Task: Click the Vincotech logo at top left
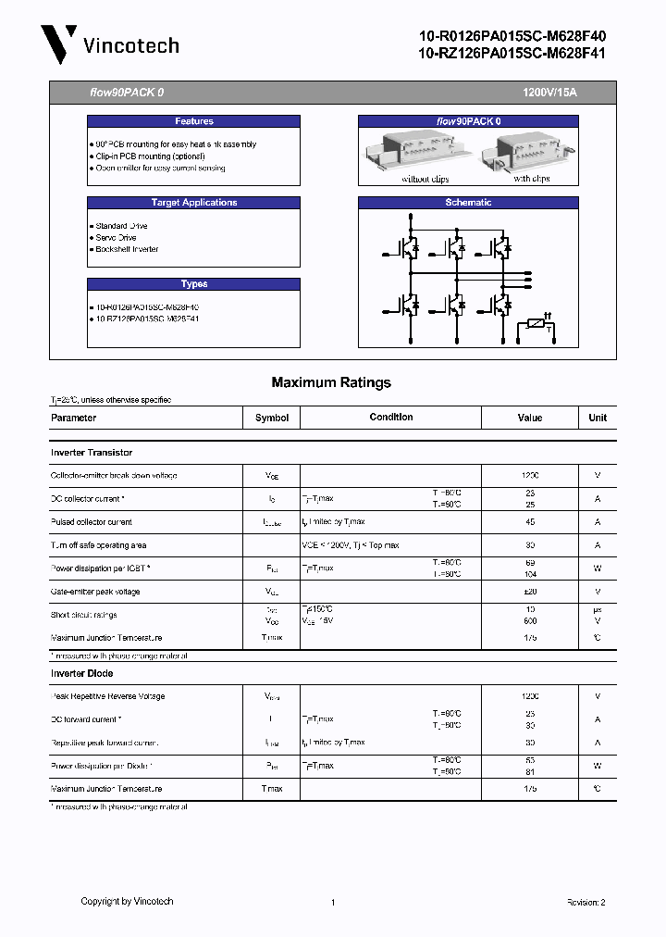109,44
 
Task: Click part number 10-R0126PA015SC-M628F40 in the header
512,36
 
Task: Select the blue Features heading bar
193,121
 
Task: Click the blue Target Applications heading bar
193,203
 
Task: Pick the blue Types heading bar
193,284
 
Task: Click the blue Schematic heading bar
468,203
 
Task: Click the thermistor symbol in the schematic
535,326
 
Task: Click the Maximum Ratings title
331,382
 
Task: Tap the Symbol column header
272,418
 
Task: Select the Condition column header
391,418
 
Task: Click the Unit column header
598,418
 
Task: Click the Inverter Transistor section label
92,453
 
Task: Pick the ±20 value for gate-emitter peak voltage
530,592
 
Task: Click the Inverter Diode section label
81,673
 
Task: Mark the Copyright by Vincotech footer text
127,901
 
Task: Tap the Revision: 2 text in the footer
586,902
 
